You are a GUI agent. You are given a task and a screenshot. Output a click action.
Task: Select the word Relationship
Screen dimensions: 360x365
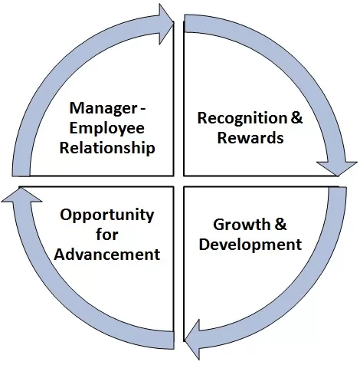[x=107, y=148]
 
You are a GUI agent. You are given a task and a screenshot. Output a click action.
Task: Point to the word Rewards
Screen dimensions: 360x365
[x=250, y=137]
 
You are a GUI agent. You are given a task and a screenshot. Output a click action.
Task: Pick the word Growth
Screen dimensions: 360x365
[x=241, y=225]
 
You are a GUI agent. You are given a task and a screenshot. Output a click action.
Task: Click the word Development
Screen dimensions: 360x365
[x=250, y=245]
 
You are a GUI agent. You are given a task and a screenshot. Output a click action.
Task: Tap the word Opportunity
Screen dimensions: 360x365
[x=107, y=216]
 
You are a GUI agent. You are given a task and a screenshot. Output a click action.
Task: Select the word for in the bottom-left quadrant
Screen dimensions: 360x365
[x=107, y=234]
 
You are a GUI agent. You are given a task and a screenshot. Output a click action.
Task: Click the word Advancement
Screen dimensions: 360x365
[x=107, y=254]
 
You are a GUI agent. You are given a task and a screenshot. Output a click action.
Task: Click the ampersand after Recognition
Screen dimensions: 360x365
[x=296, y=118]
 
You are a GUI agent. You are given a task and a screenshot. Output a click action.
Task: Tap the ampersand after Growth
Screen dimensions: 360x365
[x=280, y=225]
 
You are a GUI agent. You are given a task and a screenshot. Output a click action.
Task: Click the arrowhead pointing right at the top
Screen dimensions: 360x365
[x=166, y=25]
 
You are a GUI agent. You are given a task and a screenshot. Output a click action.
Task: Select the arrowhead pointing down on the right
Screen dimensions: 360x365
[x=337, y=169]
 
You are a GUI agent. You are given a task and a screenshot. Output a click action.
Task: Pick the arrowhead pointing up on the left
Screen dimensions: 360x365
[x=21, y=194]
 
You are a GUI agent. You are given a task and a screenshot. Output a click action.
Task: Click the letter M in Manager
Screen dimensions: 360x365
[x=77, y=108]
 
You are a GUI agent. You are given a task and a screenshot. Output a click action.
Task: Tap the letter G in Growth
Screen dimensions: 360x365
[x=219, y=225]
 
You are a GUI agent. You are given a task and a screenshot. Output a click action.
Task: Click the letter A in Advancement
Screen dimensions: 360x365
[x=61, y=254]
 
